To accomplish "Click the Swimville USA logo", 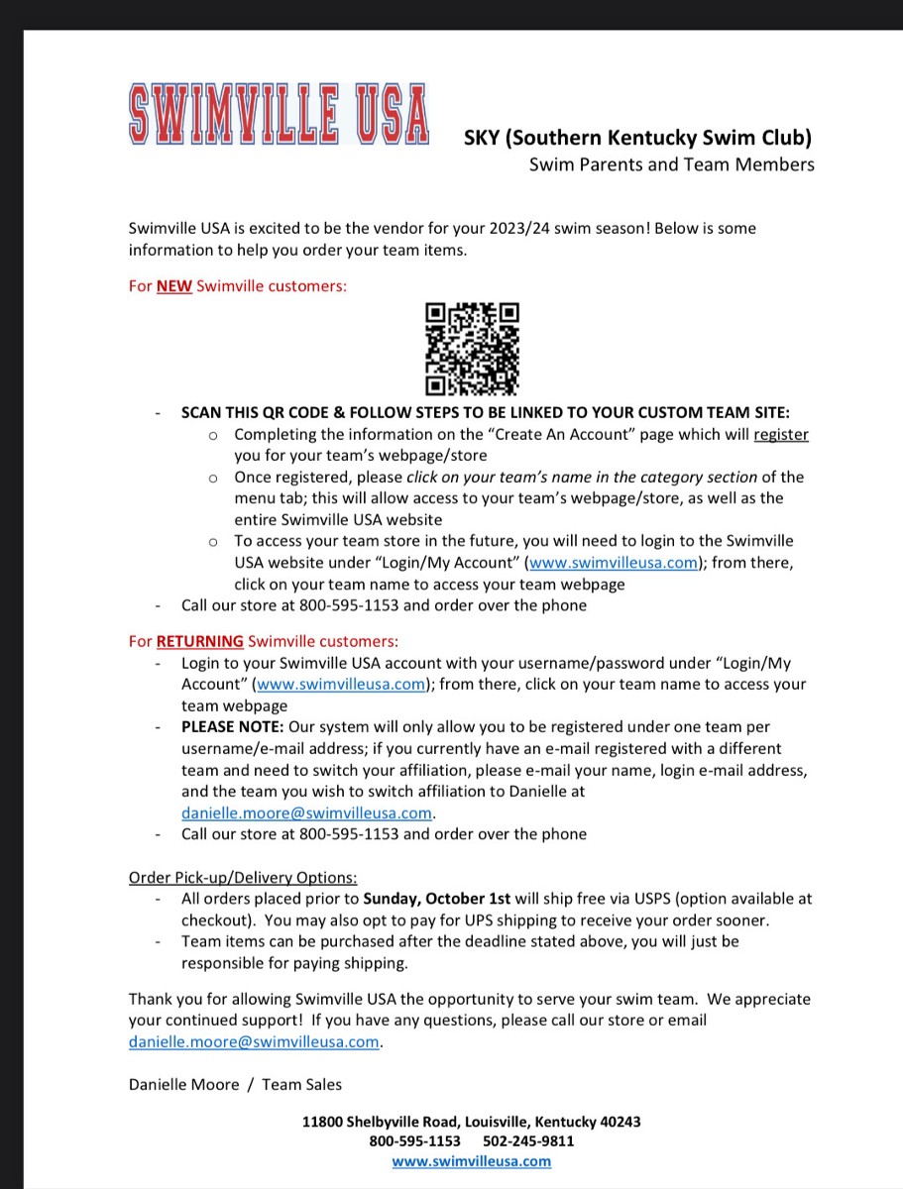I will [279, 114].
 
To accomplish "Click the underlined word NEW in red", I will [173, 286].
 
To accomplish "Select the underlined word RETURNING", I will [199, 641].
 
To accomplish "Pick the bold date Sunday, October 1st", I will [437, 899].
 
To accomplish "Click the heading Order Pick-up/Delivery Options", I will [243, 877].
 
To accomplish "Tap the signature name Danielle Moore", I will [184, 1084].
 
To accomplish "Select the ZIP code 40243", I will [620, 1122].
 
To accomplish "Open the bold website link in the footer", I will [472, 1161].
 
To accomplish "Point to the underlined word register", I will [781, 434].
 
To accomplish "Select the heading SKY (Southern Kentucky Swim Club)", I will [638, 137].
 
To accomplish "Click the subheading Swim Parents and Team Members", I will [671, 164].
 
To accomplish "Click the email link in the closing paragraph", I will [255, 1041].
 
